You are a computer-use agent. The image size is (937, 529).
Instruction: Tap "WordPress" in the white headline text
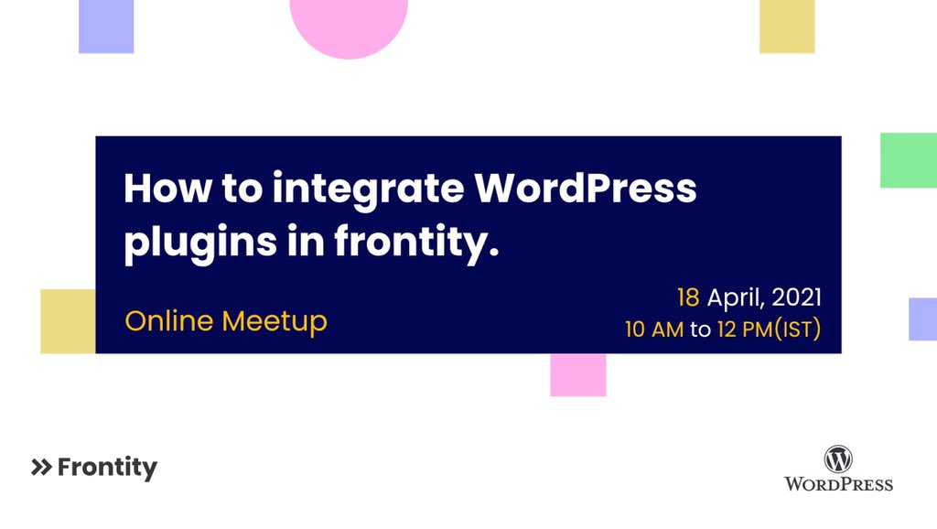pyautogui.click(x=586, y=189)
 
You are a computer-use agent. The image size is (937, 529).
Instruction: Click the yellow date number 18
pyautogui.click(x=688, y=297)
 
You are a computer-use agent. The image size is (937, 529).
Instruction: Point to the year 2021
pyautogui.click(x=796, y=297)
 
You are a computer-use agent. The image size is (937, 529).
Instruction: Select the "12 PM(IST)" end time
pyautogui.click(x=767, y=329)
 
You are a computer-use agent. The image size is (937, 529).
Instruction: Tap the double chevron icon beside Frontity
pyautogui.click(x=41, y=468)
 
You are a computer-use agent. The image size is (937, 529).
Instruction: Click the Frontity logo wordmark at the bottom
pyautogui.click(x=107, y=468)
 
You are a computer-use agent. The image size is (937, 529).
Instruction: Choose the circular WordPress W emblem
pyautogui.click(x=838, y=459)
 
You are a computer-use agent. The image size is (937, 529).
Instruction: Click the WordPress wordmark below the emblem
pyautogui.click(x=838, y=483)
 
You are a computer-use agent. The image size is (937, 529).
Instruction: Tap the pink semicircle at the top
pyautogui.click(x=349, y=26)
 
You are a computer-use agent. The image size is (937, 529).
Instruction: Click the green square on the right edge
pyautogui.click(x=908, y=160)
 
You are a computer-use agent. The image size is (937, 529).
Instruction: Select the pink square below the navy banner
pyautogui.click(x=577, y=375)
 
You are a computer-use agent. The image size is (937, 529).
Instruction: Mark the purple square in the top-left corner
pyautogui.click(x=106, y=26)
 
